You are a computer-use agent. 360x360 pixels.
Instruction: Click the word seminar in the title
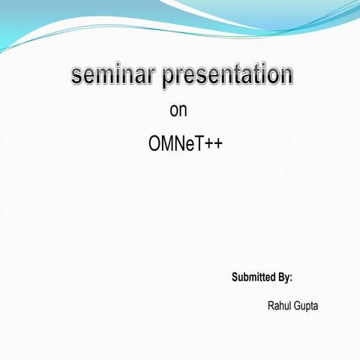[x=113, y=75]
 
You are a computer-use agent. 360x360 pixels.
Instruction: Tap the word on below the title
[x=178, y=111]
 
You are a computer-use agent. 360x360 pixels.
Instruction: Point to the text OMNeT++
[x=185, y=144]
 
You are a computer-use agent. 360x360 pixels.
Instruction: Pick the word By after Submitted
[x=284, y=277]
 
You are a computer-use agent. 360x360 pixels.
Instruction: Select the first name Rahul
[x=279, y=306]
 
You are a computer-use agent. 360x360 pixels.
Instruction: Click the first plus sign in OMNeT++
[x=208, y=145]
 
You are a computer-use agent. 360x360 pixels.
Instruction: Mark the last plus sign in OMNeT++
[x=217, y=145]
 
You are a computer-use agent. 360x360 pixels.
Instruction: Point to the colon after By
[x=290, y=278]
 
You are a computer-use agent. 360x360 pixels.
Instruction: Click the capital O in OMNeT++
[x=155, y=144]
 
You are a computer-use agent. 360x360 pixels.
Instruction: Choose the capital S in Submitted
[x=235, y=277]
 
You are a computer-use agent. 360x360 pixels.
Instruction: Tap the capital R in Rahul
[x=271, y=306]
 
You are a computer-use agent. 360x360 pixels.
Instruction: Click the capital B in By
[x=281, y=277]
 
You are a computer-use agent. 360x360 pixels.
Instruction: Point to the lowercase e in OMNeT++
[x=190, y=145]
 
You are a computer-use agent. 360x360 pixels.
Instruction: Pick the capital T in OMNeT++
[x=198, y=144]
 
